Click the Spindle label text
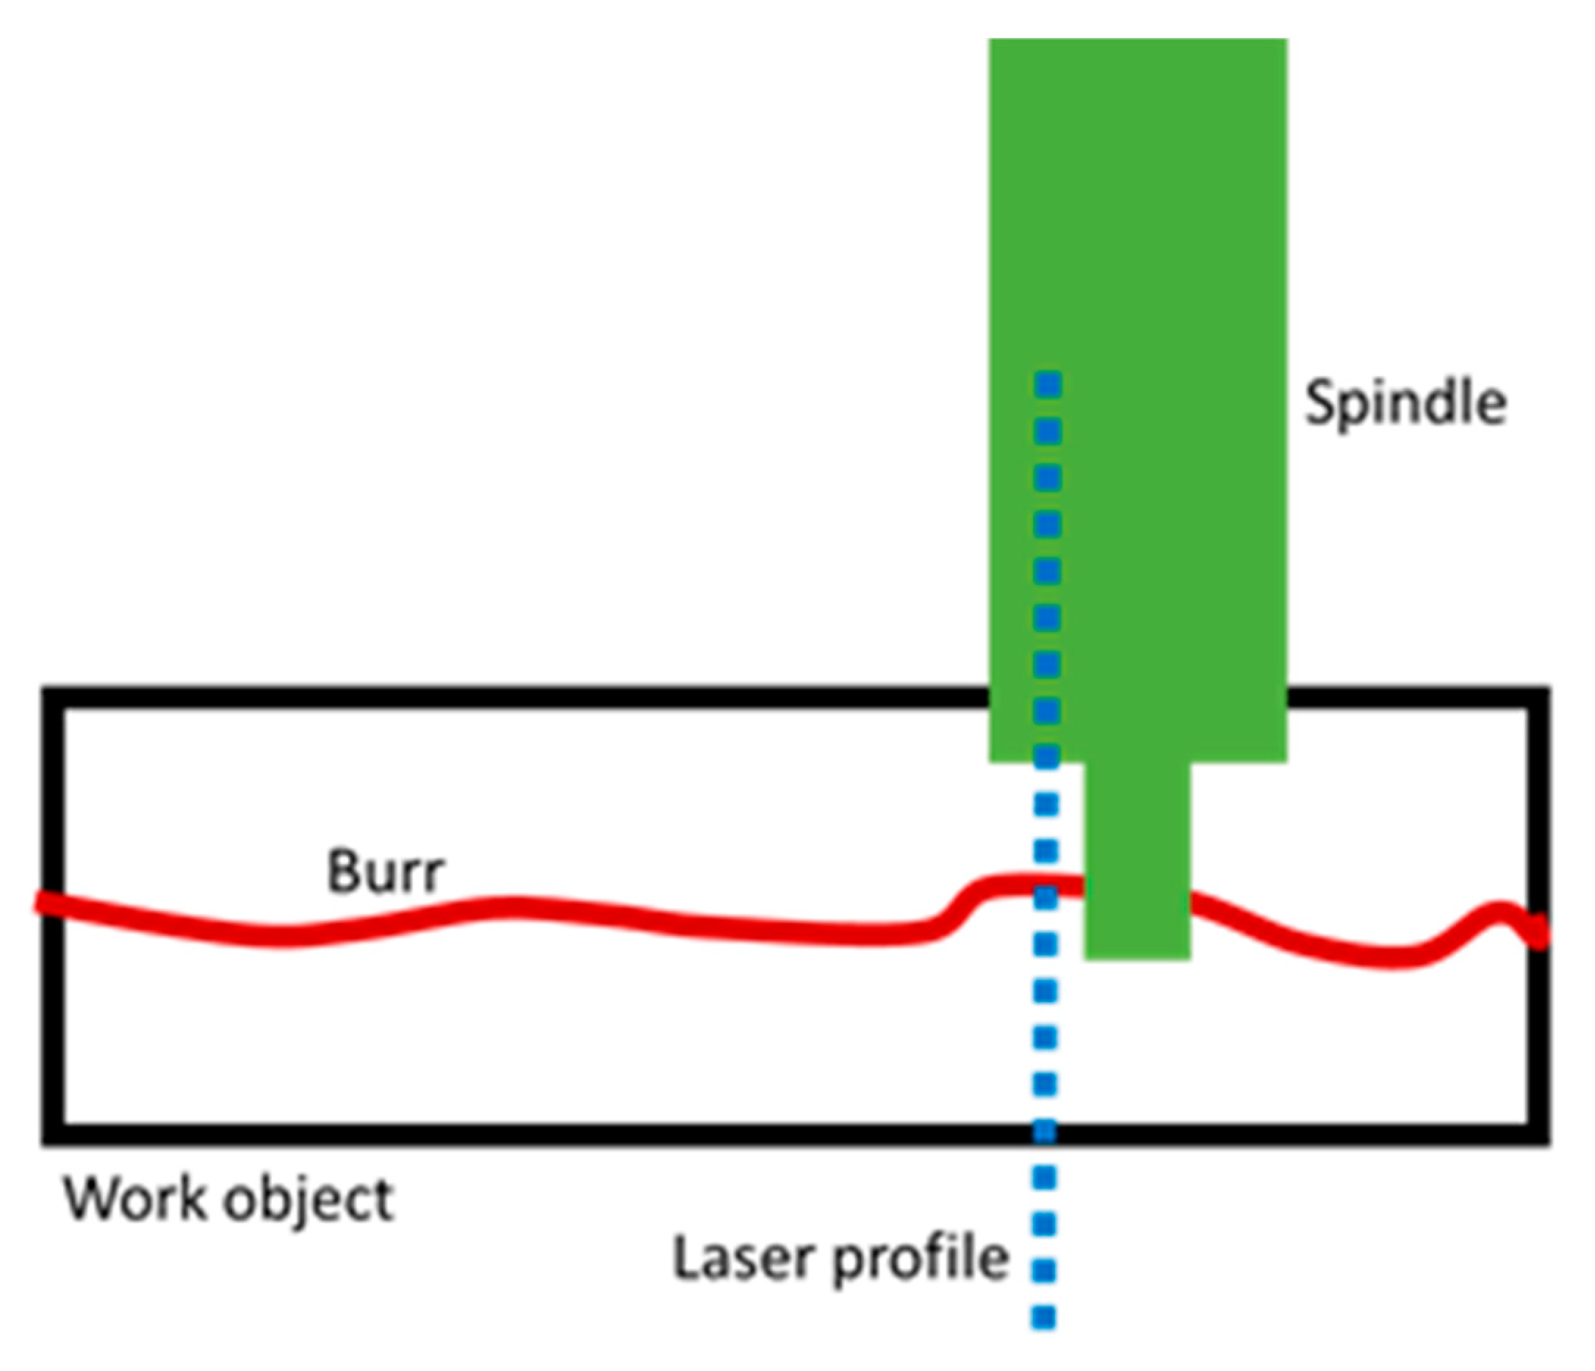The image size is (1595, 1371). click(x=1404, y=403)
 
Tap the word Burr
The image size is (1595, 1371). click(x=385, y=872)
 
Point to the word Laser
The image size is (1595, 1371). click(x=743, y=1258)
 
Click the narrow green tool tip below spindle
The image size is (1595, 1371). click(x=1137, y=862)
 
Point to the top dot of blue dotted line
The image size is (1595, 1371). click(x=1048, y=382)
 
